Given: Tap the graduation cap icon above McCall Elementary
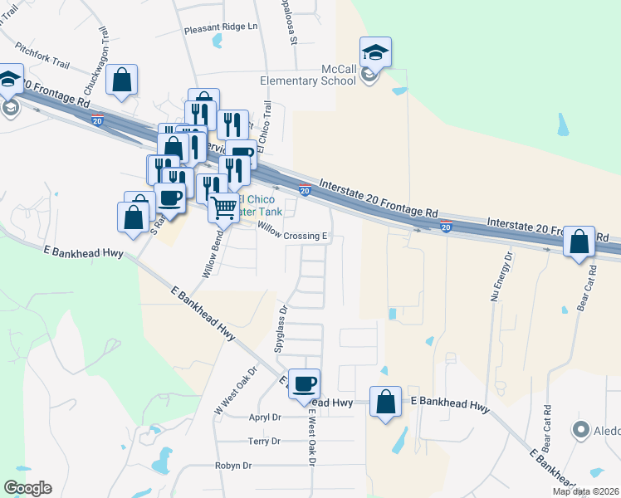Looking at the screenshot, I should (375, 52).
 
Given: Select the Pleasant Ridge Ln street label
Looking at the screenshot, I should (221, 27).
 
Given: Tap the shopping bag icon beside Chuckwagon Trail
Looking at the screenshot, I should (121, 81).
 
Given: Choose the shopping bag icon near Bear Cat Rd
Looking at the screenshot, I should (579, 242).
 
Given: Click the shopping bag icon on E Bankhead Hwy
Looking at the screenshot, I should (385, 403).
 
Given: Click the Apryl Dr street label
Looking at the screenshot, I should (266, 418).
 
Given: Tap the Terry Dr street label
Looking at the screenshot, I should (264, 442).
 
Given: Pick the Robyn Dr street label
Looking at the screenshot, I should (232, 466).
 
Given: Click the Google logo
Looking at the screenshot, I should (27, 488).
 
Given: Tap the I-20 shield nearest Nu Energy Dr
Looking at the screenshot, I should (446, 227).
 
